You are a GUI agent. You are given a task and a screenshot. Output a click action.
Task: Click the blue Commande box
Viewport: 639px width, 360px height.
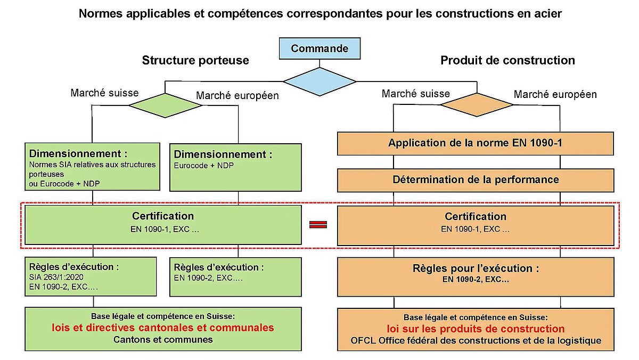pyautogui.click(x=319, y=49)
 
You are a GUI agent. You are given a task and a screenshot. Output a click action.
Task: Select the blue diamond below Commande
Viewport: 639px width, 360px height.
pyautogui.click(x=319, y=81)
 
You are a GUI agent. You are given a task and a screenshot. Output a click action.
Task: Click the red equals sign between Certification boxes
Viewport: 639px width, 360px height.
pyautogui.click(x=318, y=224)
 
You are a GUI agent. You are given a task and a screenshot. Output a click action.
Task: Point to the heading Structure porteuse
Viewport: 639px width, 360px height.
pyautogui.click(x=195, y=60)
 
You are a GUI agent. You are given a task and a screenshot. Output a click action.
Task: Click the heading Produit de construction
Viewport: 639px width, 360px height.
pyautogui.click(x=507, y=60)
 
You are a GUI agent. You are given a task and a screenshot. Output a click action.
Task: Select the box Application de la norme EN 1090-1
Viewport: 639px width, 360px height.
pyautogui.click(x=476, y=143)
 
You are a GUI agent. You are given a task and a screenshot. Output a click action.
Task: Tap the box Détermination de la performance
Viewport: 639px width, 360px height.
pyautogui.click(x=476, y=179)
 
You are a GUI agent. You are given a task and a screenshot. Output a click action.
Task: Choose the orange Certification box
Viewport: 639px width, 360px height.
pyautogui.click(x=476, y=225)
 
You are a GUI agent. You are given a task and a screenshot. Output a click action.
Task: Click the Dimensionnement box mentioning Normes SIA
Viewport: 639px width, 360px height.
pyautogui.click(x=93, y=166)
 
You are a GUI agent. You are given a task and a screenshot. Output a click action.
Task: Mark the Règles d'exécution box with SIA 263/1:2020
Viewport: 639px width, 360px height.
pyautogui.click(x=91, y=276)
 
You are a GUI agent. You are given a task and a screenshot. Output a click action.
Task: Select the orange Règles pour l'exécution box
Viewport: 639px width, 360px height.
pyautogui.click(x=476, y=276)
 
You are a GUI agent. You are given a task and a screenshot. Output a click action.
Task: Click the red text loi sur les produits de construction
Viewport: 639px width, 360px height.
pyautogui.click(x=476, y=329)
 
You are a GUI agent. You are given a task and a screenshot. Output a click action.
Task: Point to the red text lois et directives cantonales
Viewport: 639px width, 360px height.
pyautogui.click(x=163, y=328)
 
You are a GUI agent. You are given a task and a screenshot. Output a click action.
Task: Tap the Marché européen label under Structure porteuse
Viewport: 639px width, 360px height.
pyautogui.click(x=237, y=96)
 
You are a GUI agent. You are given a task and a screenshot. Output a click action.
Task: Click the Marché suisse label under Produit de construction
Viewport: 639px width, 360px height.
pyautogui.click(x=415, y=94)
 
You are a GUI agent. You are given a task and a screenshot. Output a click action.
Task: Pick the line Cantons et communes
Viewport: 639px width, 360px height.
pyautogui.click(x=163, y=340)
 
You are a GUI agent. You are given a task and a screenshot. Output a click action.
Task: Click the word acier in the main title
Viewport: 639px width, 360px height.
pyautogui.click(x=547, y=13)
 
